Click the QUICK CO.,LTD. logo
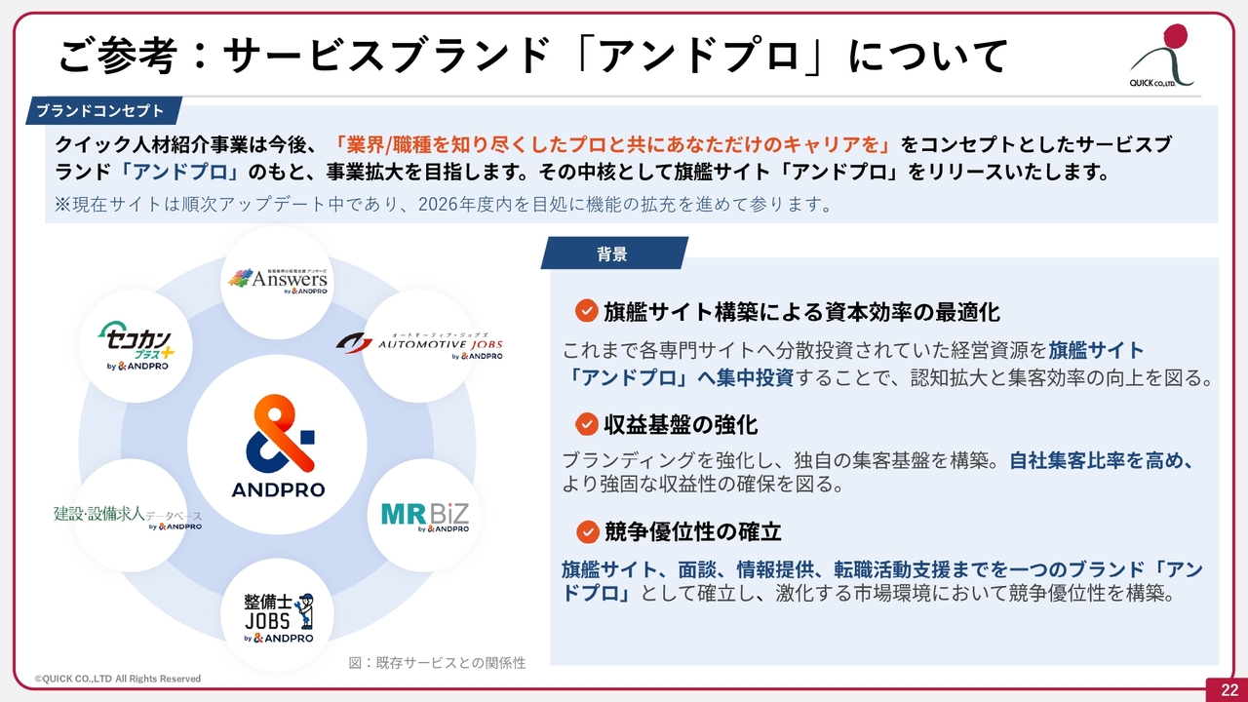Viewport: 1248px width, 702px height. [1161, 56]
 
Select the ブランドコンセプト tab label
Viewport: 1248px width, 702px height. [100, 111]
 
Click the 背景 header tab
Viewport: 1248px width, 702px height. [612, 254]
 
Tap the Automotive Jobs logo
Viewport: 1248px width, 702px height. [419, 346]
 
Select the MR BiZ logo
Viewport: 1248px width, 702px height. [424, 517]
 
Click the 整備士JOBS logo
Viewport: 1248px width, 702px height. [279, 618]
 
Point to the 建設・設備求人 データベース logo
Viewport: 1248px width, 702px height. [128, 517]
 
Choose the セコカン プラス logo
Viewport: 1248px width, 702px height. [136, 346]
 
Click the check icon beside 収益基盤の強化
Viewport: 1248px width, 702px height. [586, 424]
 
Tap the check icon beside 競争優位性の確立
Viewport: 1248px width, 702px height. [587, 532]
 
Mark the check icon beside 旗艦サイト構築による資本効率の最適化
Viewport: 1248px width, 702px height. [586, 311]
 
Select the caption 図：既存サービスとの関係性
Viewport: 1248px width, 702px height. [437, 662]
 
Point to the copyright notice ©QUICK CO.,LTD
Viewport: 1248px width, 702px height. [118, 679]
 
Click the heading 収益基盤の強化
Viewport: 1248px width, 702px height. [681, 424]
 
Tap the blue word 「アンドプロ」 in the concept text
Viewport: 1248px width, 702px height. [179, 172]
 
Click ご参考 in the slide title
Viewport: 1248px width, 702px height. [117, 55]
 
